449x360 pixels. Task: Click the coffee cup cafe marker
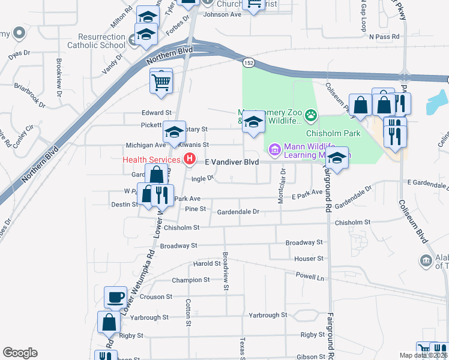pos(115,297)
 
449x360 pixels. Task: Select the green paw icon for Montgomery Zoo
pos(310,114)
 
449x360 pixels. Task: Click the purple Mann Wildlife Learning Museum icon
pos(274,148)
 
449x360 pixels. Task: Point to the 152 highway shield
pos(248,62)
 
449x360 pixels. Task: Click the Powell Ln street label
pos(310,277)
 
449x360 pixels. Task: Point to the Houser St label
pos(309,259)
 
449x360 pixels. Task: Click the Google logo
pos(20,353)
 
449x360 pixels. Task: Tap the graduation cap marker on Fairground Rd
pos(337,158)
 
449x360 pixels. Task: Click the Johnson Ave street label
pos(222,14)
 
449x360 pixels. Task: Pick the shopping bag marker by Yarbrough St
pos(110,322)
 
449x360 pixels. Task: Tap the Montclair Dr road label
pos(282,186)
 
